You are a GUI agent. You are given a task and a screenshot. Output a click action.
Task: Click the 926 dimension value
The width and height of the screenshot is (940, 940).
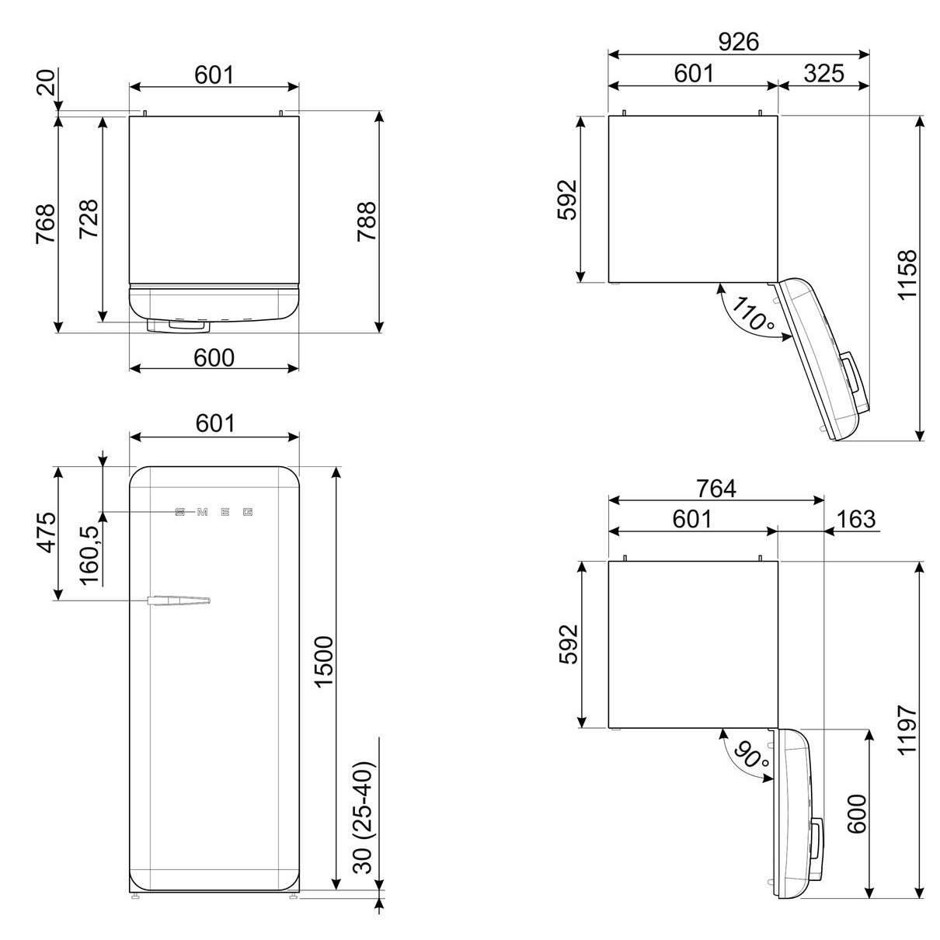point(739,42)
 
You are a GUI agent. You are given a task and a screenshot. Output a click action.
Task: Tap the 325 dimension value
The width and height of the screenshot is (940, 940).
point(824,74)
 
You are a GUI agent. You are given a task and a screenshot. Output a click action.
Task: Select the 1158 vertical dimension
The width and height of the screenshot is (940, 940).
point(907,275)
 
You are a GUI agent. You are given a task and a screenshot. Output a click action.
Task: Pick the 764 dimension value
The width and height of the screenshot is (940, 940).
point(715,489)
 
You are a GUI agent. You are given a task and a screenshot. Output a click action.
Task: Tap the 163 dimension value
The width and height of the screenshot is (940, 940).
point(856,519)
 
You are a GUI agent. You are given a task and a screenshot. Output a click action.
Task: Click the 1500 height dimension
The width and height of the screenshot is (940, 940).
point(323,662)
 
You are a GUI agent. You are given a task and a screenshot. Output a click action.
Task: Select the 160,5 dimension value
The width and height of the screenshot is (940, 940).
point(90,555)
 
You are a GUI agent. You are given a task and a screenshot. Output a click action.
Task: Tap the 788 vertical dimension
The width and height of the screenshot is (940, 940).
point(367,221)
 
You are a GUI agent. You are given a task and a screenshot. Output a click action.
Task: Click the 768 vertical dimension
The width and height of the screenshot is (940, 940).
point(45,224)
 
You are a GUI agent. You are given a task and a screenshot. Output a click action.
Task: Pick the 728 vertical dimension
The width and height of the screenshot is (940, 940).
point(89,219)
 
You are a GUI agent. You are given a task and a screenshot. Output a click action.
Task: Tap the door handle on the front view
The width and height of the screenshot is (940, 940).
point(179,601)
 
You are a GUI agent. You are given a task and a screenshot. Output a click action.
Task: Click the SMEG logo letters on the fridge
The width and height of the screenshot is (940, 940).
point(214,512)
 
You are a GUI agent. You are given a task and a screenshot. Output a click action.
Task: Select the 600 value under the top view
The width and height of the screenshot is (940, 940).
point(214,357)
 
